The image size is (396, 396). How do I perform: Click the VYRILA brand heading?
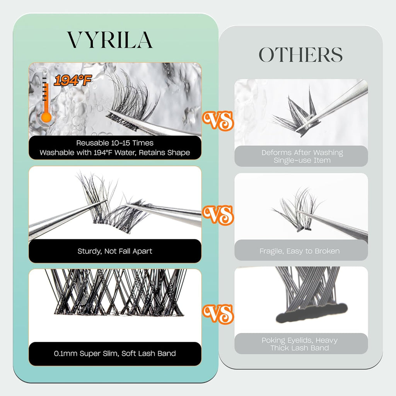pos(110,39)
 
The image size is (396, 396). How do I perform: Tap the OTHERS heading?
pos(300,55)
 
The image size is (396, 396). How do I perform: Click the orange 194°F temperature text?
pos(73,81)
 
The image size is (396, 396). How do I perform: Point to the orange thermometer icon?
pos(46,101)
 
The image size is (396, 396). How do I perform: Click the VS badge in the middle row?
pos(218,215)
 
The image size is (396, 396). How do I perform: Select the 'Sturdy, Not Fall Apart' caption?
pos(115,251)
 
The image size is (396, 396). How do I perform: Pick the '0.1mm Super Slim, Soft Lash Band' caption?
pos(115,353)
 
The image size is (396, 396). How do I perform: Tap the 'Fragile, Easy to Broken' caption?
pos(300,251)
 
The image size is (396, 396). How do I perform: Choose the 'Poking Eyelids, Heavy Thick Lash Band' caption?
pos(300,344)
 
